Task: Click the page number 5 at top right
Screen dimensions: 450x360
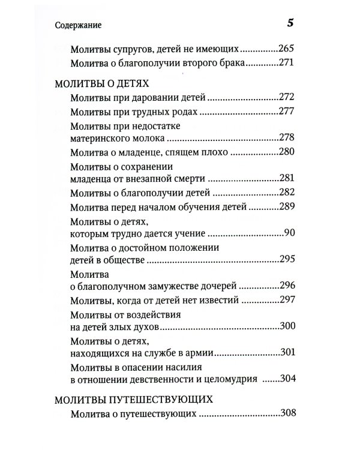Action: (290, 23)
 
